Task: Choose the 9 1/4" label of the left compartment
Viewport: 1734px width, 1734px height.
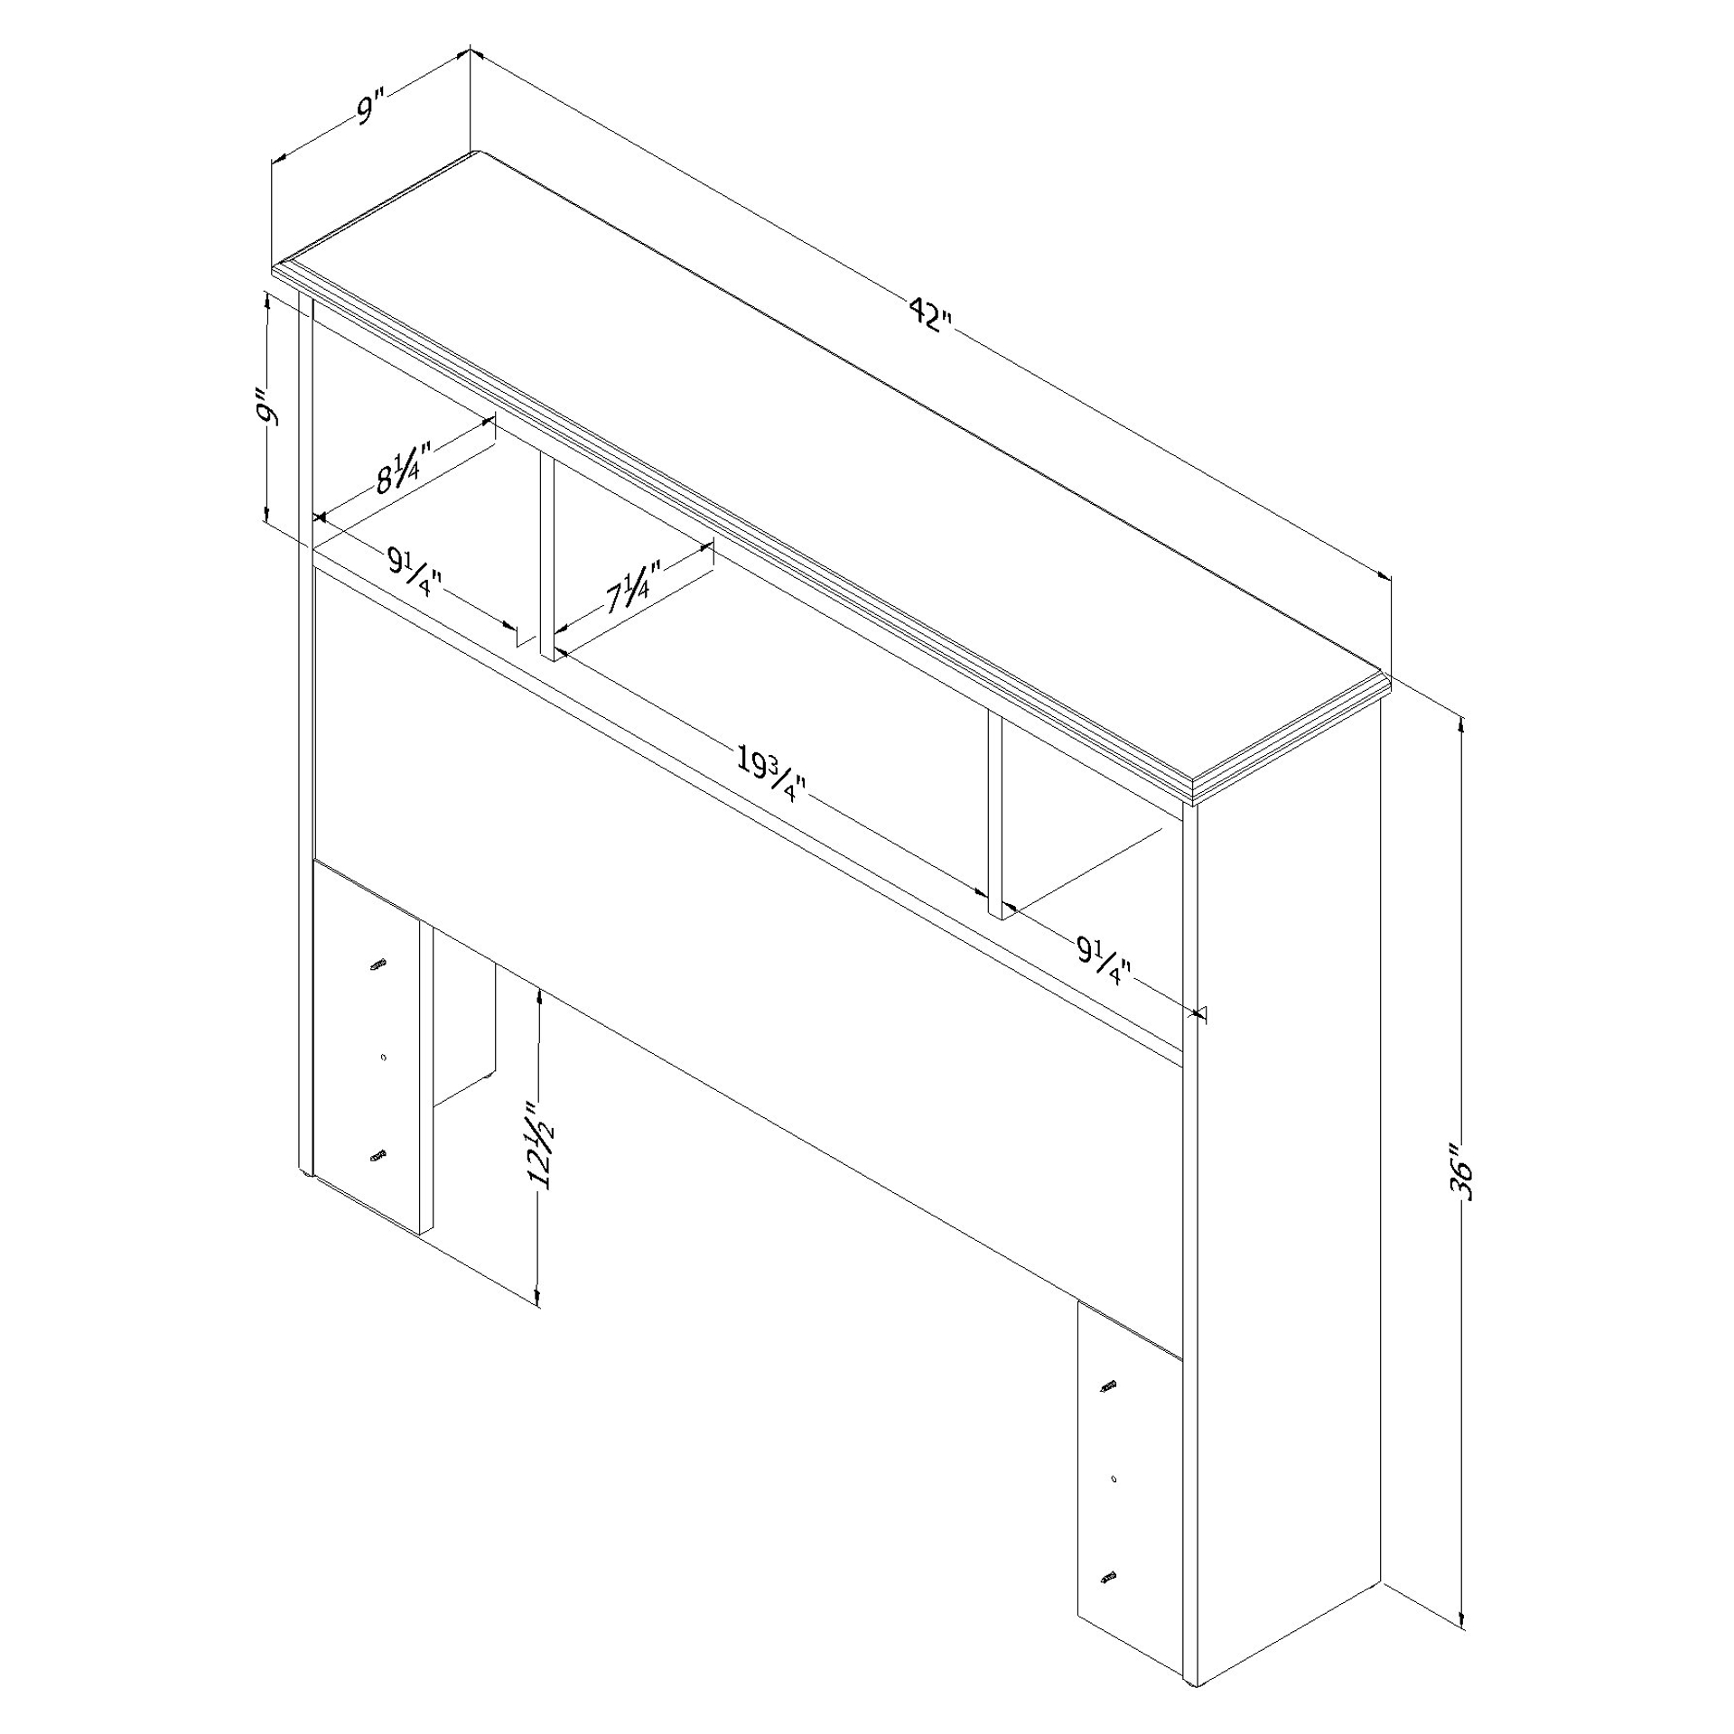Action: coord(415,573)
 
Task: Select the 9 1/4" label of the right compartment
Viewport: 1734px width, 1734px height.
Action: coord(1104,959)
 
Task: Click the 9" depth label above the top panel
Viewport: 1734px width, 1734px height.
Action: coord(371,107)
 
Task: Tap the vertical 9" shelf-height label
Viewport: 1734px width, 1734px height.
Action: coord(267,406)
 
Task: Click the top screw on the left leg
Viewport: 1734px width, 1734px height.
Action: coord(378,964)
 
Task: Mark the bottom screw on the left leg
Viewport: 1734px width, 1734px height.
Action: coord(378,1156)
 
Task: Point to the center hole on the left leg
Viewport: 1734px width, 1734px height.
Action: coord(384,1058)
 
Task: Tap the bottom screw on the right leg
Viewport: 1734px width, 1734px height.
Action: coord(1109,1577)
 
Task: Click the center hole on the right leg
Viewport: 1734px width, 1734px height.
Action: coord(1114,1478)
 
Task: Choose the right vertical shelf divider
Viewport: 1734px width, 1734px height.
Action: coord(994,816)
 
